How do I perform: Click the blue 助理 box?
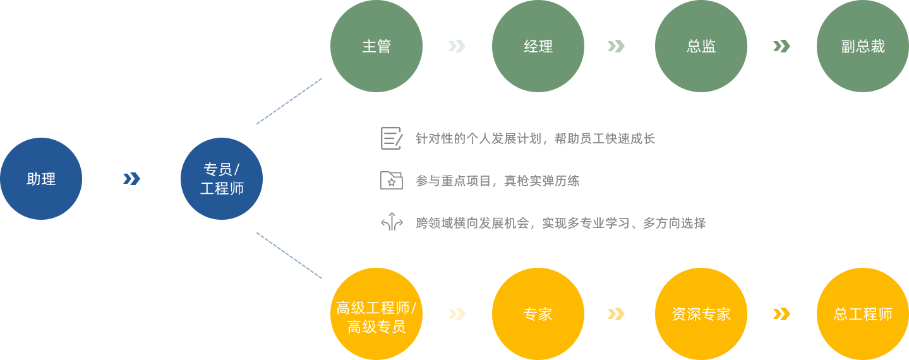[x=41, y=178]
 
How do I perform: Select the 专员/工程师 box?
[x=221, y=178]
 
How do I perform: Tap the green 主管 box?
[x=376, y=46]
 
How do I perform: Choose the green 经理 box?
[x=538, y=46]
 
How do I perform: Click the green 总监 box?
[x=701, y=46]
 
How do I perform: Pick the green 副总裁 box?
[x=862, y=46]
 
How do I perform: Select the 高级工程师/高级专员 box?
[x=376, y=313]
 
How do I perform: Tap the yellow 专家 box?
[x=538, y=313]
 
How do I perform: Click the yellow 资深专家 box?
[x=701, y=313]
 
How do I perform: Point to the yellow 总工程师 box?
[x=862, y=313]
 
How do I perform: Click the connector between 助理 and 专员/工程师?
[x=131, y=178]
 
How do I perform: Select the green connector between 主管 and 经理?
[x=457, y=45]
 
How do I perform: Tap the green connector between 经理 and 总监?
[x=616, y=45]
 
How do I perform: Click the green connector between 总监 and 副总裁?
[x=781, y=45]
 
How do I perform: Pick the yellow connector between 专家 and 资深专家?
[x=616, y=313]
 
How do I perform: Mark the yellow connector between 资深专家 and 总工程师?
[x=781, y=313]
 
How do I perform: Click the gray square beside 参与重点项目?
[x=391, y=180]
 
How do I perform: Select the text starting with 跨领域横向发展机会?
[x=560, y=222]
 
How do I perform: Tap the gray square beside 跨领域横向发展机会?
[x=392, y=222]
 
